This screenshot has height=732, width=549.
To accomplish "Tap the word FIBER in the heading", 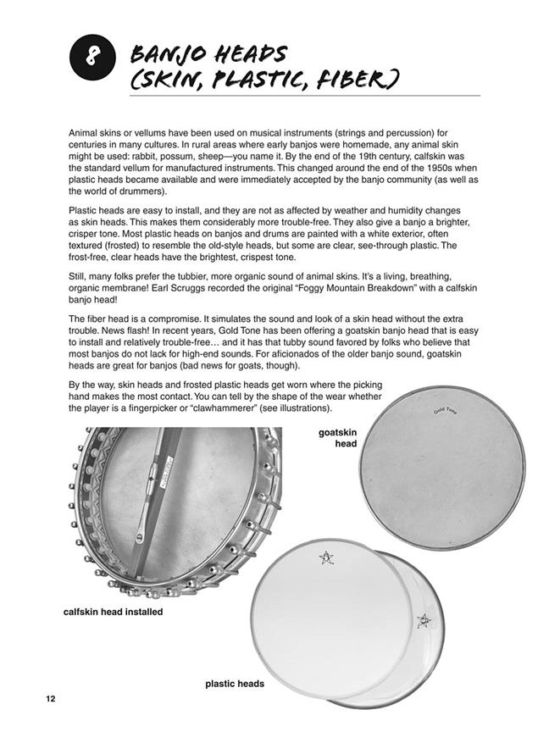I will (349, 81).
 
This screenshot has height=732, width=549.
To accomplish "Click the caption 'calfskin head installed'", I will (113, 611).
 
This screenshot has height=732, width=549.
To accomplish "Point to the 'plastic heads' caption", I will (235, 684).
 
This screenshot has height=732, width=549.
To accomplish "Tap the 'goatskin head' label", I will (336, 438).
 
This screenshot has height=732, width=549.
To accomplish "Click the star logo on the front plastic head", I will (325, 557).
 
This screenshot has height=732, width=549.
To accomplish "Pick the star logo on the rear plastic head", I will (424, 621).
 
